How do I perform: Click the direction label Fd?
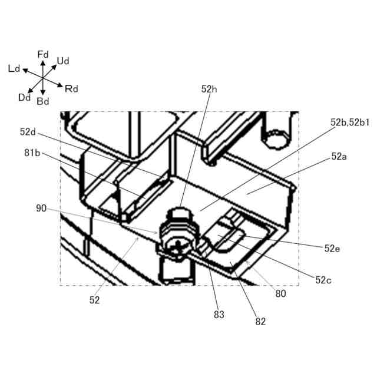42,54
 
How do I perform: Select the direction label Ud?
64,60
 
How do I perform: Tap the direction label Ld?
14,69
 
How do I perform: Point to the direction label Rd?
71,89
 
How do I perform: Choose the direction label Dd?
24,98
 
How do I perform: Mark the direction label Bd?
43,101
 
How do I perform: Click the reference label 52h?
209,90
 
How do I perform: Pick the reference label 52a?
339,157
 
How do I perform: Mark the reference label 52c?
323,280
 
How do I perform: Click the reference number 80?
280,293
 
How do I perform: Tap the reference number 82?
260,322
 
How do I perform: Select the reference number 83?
219,315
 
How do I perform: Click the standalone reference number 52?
95,300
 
